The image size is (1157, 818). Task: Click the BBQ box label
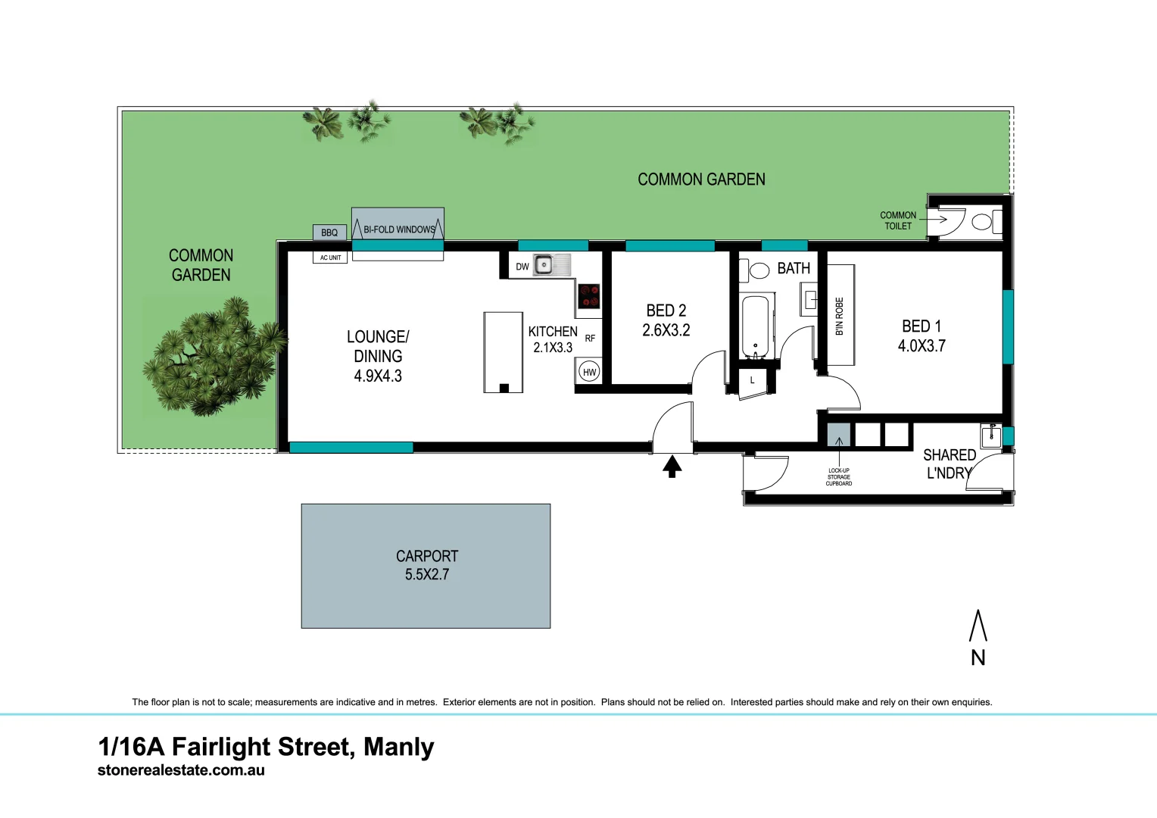pos(329,233)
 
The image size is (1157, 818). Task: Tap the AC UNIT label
pos(330,258)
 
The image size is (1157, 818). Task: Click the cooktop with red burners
pos(589,296)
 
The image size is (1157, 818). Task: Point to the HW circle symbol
pos(589,372)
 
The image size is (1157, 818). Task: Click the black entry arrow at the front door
pos(672,466)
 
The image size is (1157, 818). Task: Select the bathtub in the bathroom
pos(755,326)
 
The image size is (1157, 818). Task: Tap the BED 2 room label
pos(666,311)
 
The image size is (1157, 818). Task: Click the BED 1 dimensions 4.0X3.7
pos(922,346)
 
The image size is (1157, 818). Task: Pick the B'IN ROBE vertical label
pos(839,316)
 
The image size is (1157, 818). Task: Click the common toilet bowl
pos(982,222)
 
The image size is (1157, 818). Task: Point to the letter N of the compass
pos(978,657)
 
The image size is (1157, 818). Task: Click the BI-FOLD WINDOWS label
pos(399,229)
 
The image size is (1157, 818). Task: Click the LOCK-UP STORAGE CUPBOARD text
pos(839,477)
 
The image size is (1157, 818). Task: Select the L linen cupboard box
pos(752,380)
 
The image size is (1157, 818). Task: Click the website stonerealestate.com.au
pos(181,770)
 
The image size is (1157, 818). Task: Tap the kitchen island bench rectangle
pos(504,351)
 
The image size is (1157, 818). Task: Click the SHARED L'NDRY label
pos(949,464)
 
